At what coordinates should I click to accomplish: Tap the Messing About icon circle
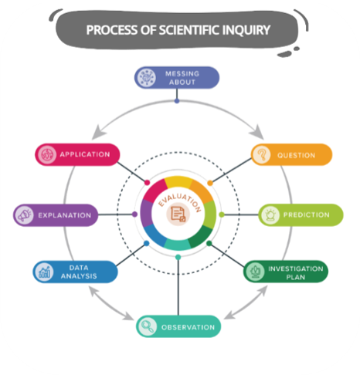[147, 77]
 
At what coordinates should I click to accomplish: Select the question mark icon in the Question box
[261, 155]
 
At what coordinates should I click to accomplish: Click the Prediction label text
[307, 215]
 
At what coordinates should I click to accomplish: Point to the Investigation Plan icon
[255, 272]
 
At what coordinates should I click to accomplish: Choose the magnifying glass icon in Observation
[148, 326]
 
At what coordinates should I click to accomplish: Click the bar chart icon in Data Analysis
[44, 272]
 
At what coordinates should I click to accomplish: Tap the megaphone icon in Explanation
[24, 215]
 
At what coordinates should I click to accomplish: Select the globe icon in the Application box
[46, 154]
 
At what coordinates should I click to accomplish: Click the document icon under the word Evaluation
[178, 214]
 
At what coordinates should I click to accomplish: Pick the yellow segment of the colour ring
[178, 182]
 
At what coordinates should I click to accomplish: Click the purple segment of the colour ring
[147, 213]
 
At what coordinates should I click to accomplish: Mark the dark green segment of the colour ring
[200, 236]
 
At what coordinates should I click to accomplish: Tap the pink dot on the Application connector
[147, 183]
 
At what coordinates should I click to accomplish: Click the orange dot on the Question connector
[210, 183]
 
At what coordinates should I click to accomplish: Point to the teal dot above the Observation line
[178, 257]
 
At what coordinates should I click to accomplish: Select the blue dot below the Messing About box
[177, 101]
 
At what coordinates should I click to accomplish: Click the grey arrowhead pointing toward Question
[257, 132]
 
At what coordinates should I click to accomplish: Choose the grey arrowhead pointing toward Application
[99, 132]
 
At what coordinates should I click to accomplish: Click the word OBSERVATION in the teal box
[188, 327]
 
